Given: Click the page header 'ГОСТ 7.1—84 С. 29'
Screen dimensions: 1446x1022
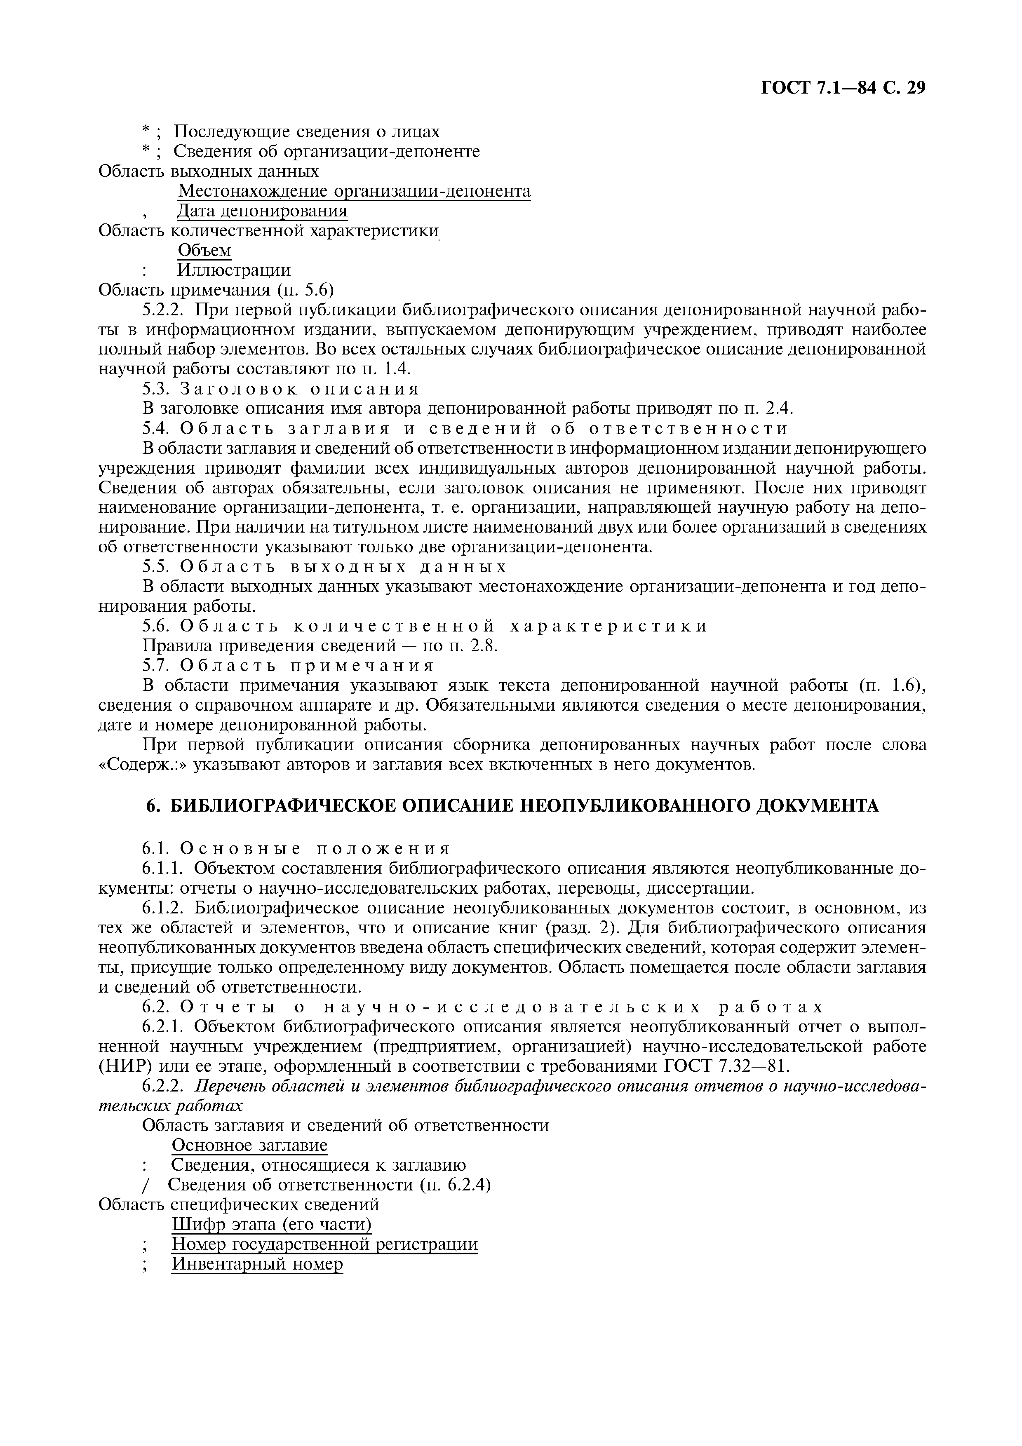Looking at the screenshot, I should pyautogui.click(x=843, y=89).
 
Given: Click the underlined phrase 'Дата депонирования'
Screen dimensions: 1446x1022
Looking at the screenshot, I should pyautogui.click(x=262, y=210).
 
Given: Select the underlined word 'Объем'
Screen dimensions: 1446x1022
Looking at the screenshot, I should pyautogui.click(x=204, y=250).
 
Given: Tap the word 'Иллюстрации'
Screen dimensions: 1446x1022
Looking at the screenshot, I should pyautogui.click(x=234, y=270).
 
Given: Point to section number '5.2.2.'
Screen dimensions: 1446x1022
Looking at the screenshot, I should pyautogui.click(x=165, y=310).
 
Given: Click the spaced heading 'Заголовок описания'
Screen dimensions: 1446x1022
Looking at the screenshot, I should pyautogui.click(x=300, y=389).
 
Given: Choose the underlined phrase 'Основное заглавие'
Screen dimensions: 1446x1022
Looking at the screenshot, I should pyautogui.click(x=250, y=1145).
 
